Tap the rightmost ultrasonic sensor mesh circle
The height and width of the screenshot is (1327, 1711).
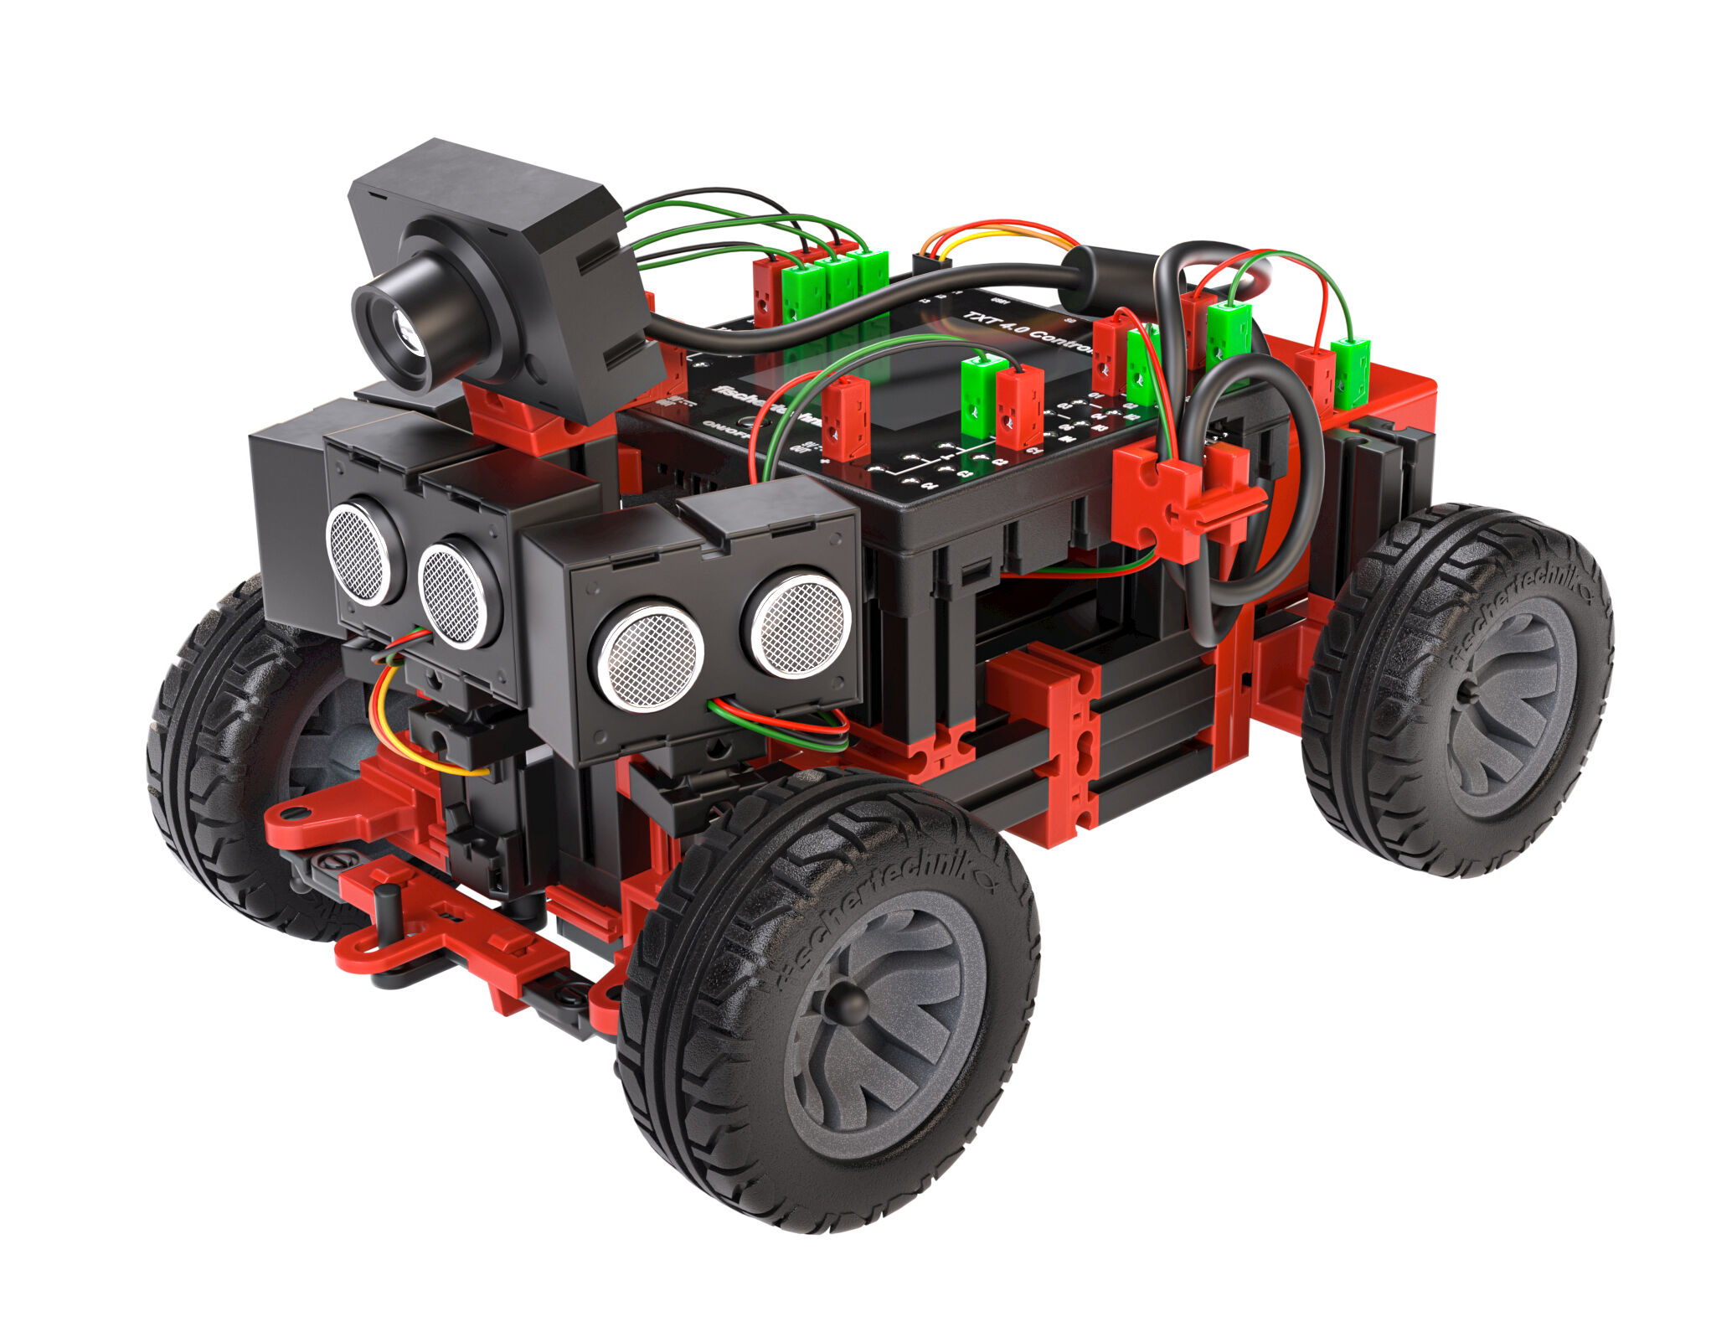pyautogui.click(x=801, y=623)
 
